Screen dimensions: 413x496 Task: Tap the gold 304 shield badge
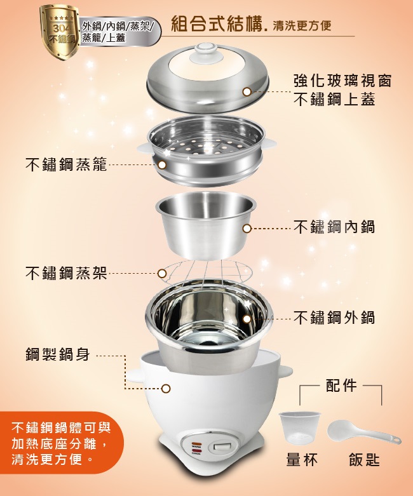(59, 32)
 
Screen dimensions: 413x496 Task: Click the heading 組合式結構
(217, 23)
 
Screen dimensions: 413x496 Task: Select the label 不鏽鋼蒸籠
(66, 164)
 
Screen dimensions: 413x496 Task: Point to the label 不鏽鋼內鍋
(334, 227)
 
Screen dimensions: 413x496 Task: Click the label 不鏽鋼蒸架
(66, 273)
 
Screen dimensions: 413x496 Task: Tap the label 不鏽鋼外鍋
(334, 318)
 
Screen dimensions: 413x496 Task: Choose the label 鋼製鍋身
(58, 354)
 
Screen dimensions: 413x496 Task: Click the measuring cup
(299, 426)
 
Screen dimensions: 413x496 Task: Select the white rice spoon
(364, 432)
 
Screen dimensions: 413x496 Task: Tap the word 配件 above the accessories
(341, 385)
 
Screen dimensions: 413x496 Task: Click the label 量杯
(302, 460)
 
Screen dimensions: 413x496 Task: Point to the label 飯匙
(364, 460)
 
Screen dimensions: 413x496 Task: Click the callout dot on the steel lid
(247, 91)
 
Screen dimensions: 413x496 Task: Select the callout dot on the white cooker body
(166, 389)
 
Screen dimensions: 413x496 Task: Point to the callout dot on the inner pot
(247, 229)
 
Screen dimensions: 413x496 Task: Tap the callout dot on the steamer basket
(162, 165)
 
